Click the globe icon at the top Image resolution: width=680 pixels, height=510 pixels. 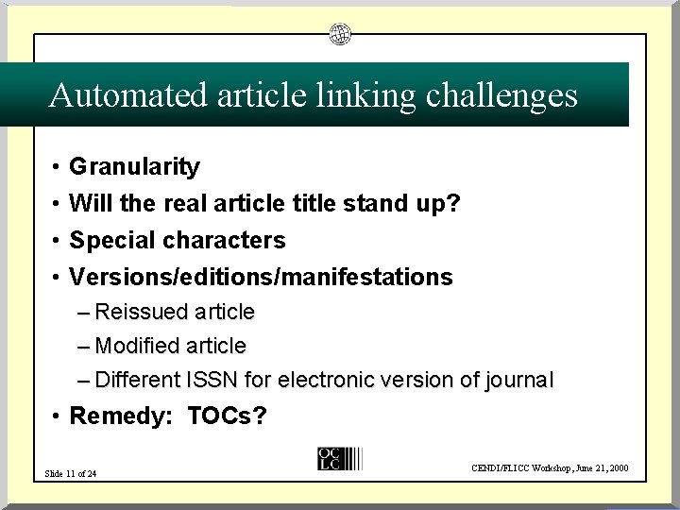340,35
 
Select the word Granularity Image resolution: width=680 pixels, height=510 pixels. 135,167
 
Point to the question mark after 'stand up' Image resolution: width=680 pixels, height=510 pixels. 454,203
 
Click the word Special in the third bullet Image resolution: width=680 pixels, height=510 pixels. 108,240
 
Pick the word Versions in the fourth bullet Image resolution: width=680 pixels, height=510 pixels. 112,277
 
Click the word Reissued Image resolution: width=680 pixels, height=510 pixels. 144,311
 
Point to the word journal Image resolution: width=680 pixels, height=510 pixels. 518,381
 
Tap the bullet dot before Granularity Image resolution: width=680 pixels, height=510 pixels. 57,168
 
